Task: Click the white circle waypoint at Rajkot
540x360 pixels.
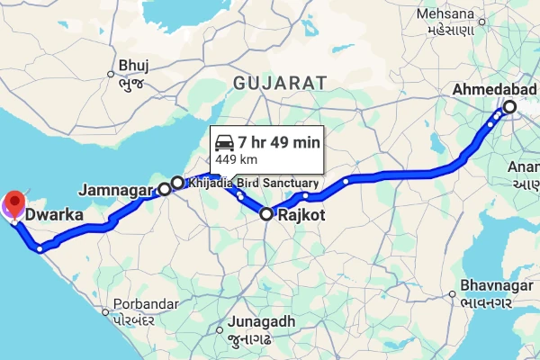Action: pyautogui.click(x=266, y=214)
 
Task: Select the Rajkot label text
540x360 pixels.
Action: pyautogui.click(x=301, y=216)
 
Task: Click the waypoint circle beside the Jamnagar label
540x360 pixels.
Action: pyautogui.click(x=166, y=189)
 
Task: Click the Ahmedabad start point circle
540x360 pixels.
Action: pyautogui.click(x=509, y=106)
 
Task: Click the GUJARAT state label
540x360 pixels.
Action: pyautogui.click(x=278, y=83)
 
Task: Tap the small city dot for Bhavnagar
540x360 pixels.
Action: pyautogui.click(x=453, y=294)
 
